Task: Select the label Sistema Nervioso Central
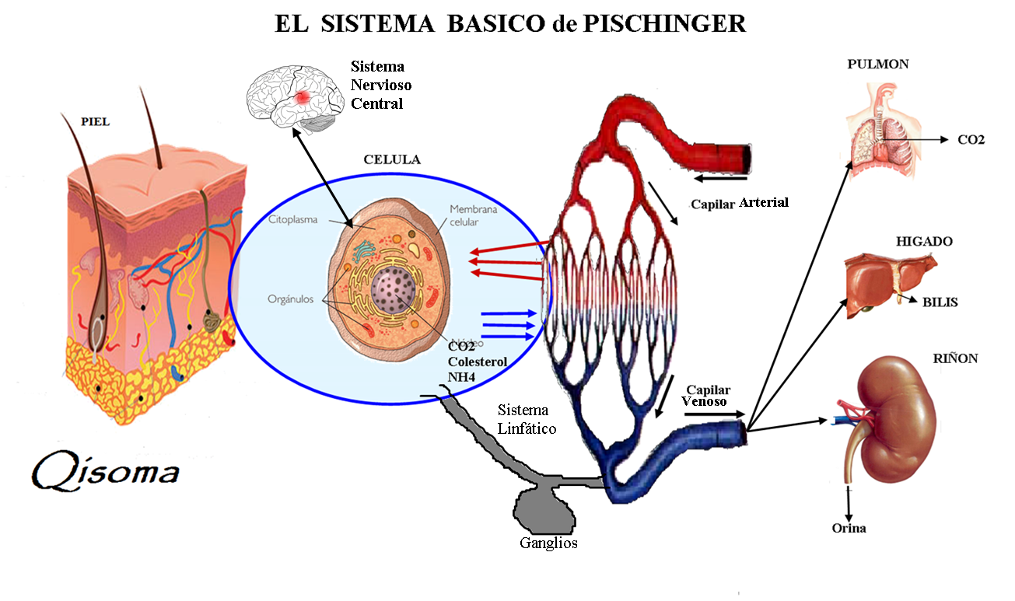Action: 381,85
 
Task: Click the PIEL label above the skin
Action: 96,121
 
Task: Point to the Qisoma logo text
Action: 107,469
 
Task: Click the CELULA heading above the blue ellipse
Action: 392,159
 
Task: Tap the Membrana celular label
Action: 474,215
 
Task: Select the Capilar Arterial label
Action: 740,204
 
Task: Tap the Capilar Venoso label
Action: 707,396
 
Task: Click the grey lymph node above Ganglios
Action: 544,506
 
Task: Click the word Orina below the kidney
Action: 848,528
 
